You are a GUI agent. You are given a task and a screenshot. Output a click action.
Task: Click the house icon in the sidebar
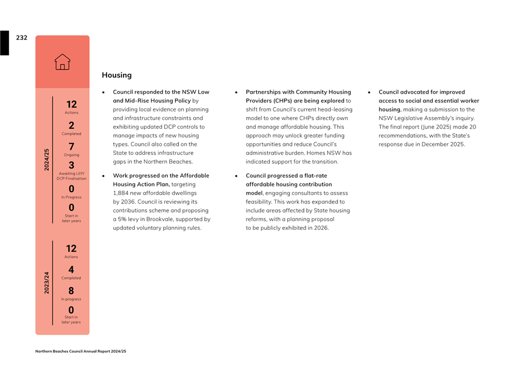click(62, 62)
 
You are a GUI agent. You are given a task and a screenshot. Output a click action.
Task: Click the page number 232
click(22, 38)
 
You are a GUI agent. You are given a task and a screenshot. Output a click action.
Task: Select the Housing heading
click(117, 75)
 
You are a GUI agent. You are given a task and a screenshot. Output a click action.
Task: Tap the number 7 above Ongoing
click(71, 147)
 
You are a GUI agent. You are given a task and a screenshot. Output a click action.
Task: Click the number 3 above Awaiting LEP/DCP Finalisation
click(72, 165)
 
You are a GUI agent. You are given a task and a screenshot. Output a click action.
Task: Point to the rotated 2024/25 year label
click(47, 160)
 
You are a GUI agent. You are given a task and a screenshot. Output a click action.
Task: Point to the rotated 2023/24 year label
click(47, 283)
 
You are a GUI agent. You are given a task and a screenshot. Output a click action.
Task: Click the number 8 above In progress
click(71, 291)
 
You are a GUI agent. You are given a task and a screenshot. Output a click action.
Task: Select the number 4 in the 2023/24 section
click(71, 269)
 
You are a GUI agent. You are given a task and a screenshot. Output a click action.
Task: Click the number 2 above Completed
click(71, 125)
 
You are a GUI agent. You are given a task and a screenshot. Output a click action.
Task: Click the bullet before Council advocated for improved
click(370, 92)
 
